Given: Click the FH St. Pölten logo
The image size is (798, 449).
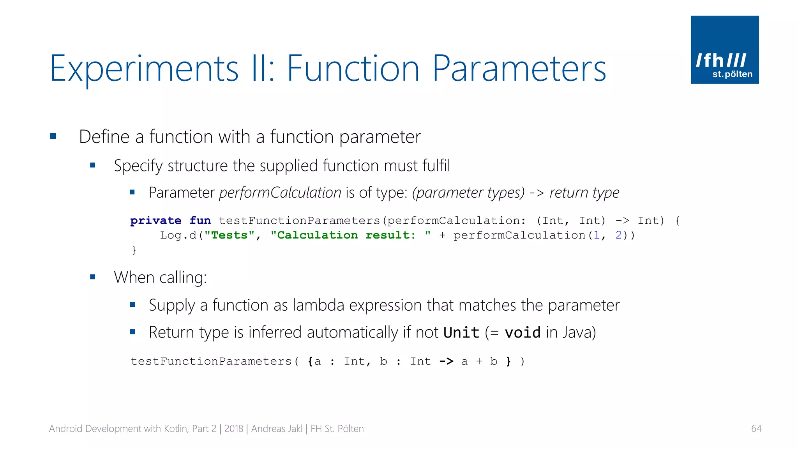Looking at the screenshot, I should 724,49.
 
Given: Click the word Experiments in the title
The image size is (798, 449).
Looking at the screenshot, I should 144,69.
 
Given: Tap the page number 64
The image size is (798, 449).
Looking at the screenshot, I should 756,429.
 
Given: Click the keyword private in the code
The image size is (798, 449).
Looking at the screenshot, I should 155,221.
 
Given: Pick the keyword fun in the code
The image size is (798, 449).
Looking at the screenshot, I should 200,221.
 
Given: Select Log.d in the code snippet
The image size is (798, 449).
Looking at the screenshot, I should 178,235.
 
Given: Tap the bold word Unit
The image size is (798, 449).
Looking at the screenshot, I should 461,333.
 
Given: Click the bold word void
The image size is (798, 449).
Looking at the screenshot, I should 522,333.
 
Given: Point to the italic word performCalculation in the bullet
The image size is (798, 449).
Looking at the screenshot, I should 280,193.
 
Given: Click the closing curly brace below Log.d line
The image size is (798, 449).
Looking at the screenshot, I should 134,250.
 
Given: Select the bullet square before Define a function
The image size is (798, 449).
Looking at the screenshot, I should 53,136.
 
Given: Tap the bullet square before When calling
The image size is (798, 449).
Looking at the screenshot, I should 93,277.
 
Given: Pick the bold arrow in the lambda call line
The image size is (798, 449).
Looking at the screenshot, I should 446,361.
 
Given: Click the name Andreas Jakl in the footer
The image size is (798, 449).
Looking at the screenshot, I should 277,429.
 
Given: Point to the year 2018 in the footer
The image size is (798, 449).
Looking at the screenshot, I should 233,429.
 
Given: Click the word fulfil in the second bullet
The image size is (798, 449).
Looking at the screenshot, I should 435,166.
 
